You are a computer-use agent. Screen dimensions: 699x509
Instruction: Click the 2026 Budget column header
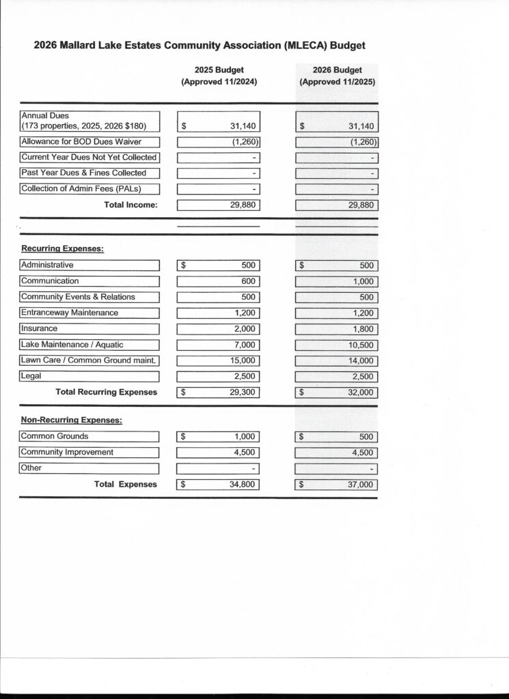[337, 76]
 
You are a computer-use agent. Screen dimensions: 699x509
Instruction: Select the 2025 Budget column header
[219, 76]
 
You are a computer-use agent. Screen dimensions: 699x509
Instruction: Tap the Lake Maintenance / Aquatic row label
[72, 345]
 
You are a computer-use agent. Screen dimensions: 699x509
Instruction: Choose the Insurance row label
[40, 328]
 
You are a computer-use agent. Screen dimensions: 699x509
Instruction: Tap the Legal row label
[31, 376]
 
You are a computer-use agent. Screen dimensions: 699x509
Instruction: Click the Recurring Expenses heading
[62, 248]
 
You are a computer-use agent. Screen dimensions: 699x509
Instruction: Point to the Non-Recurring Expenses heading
[72, 420]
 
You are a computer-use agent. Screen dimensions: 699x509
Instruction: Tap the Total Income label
[130, 205]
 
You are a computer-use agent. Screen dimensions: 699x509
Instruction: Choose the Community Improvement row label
[67, 452]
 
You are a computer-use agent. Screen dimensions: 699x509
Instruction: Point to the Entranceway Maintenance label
[70, 313]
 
